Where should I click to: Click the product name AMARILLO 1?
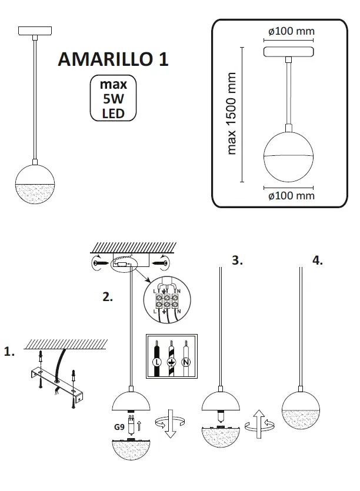point(113,59)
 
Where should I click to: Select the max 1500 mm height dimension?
point(232,113)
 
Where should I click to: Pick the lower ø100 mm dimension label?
point(290,196)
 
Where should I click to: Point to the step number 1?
point(9,352)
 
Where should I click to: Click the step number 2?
point(107,297)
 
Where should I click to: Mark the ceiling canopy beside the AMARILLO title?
point(36,30)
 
